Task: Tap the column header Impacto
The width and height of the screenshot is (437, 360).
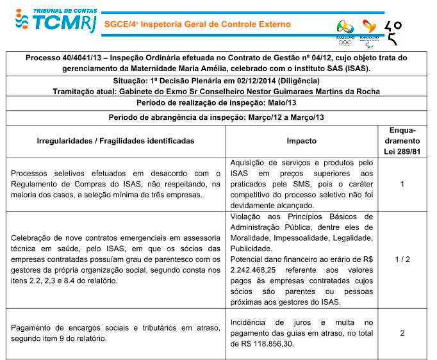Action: [301, 141]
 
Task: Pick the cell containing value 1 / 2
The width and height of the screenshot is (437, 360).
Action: [402, 259]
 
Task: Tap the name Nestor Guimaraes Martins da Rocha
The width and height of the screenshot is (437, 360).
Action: [309, 92]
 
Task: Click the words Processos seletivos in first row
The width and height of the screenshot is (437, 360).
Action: [43, 174]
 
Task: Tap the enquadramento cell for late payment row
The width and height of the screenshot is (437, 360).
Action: [402, 333]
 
